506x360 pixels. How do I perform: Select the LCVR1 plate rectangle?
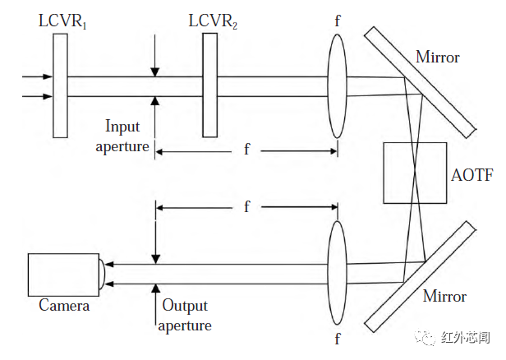tap(58, 85)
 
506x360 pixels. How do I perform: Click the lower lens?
tap(337, 272)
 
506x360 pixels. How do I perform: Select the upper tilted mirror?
tap(421, 81)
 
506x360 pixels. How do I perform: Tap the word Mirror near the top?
tap(437, 58)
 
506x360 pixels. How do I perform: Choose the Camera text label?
tap(64, 307)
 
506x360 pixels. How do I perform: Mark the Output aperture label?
tap(186, 316)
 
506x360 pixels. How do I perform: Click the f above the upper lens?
tap(337, 20)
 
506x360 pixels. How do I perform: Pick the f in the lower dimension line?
tap(246, 206)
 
